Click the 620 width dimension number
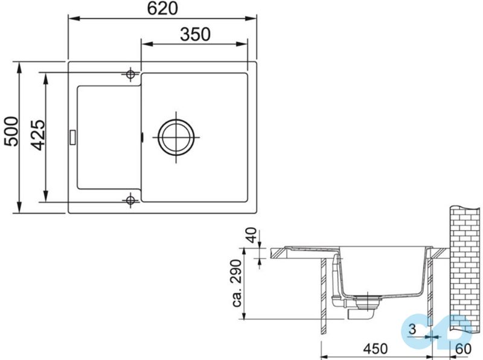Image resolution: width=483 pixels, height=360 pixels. coord(162,8)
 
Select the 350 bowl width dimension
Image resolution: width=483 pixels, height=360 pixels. coord(195,34)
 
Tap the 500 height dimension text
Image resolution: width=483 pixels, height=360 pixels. coord(11,131)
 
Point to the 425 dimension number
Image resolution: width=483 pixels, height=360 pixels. coord(38,135)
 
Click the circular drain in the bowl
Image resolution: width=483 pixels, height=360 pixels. coord(176,137)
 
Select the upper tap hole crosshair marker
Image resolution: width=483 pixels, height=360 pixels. coord(130,74)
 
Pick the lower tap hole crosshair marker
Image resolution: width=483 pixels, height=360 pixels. coord(130,201)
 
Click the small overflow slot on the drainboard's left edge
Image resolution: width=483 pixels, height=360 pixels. coord(72,137)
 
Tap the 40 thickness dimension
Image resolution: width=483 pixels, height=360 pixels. coord(252,235)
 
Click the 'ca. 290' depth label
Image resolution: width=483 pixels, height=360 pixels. coord(237,283)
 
